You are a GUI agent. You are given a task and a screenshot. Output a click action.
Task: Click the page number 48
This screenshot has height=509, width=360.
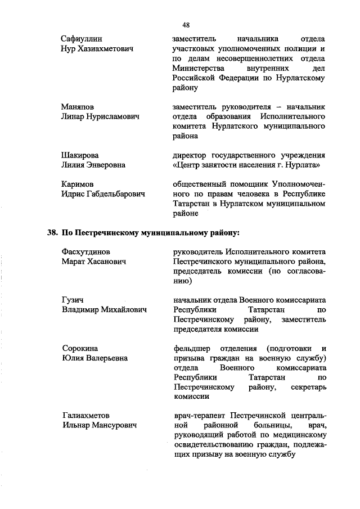click(186, 25)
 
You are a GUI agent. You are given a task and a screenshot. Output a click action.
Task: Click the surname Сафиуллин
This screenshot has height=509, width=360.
click(81, 39)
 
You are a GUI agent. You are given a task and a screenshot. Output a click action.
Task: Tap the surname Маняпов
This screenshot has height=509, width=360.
click(78, 106)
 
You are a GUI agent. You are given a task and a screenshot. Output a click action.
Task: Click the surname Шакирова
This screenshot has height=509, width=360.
click(79, 155)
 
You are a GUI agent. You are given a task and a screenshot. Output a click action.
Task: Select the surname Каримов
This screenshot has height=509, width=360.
click(77, 184)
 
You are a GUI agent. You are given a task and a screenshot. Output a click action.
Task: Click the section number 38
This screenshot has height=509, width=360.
click(53, 232)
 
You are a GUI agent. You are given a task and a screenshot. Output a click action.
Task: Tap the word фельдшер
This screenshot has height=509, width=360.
click(193, 348)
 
